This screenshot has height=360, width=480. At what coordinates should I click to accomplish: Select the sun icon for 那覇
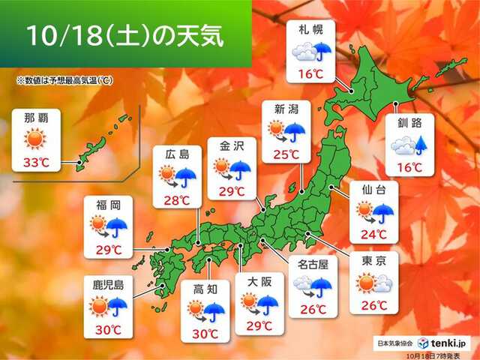(35, 139)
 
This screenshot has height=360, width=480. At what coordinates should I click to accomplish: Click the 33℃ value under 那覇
(35, 161)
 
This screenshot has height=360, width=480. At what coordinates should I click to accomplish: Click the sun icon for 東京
(366, 283)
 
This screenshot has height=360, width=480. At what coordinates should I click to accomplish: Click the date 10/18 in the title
(59, 35)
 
